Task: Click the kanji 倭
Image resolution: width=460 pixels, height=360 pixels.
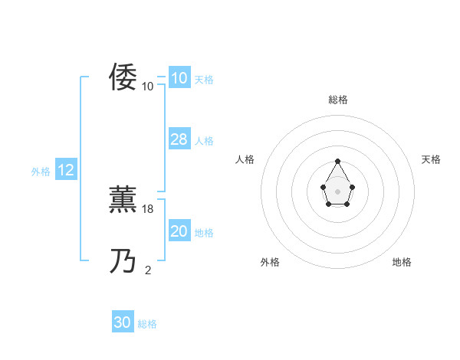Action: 123,77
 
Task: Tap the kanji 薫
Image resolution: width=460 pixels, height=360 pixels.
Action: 123,200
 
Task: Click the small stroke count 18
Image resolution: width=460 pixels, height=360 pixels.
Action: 149,208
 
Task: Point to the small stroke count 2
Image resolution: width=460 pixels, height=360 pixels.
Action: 148,270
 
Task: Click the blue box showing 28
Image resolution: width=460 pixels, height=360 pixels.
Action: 179,139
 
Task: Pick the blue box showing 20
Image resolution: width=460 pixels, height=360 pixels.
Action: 179,231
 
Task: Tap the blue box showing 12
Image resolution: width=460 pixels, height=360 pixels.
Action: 66,171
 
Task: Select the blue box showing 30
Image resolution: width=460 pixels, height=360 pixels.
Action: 123,323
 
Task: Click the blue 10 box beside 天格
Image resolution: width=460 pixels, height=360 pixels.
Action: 179,78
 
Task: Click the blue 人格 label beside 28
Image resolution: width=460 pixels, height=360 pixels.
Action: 204,141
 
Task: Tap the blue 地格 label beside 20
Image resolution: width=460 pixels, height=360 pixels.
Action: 204,233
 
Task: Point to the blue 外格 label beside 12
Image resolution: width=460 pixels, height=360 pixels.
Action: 41,172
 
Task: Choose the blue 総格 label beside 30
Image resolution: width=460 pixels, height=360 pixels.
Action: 147,324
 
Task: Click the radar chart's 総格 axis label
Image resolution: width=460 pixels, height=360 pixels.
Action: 338,100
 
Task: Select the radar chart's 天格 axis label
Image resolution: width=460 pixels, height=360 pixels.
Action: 432,159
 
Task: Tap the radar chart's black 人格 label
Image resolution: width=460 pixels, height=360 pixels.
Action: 245,159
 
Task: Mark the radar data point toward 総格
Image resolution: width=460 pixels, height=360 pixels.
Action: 338,162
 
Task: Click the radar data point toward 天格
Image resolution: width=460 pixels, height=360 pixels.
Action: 352,187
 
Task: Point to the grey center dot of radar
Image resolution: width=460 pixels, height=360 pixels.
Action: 338,191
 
